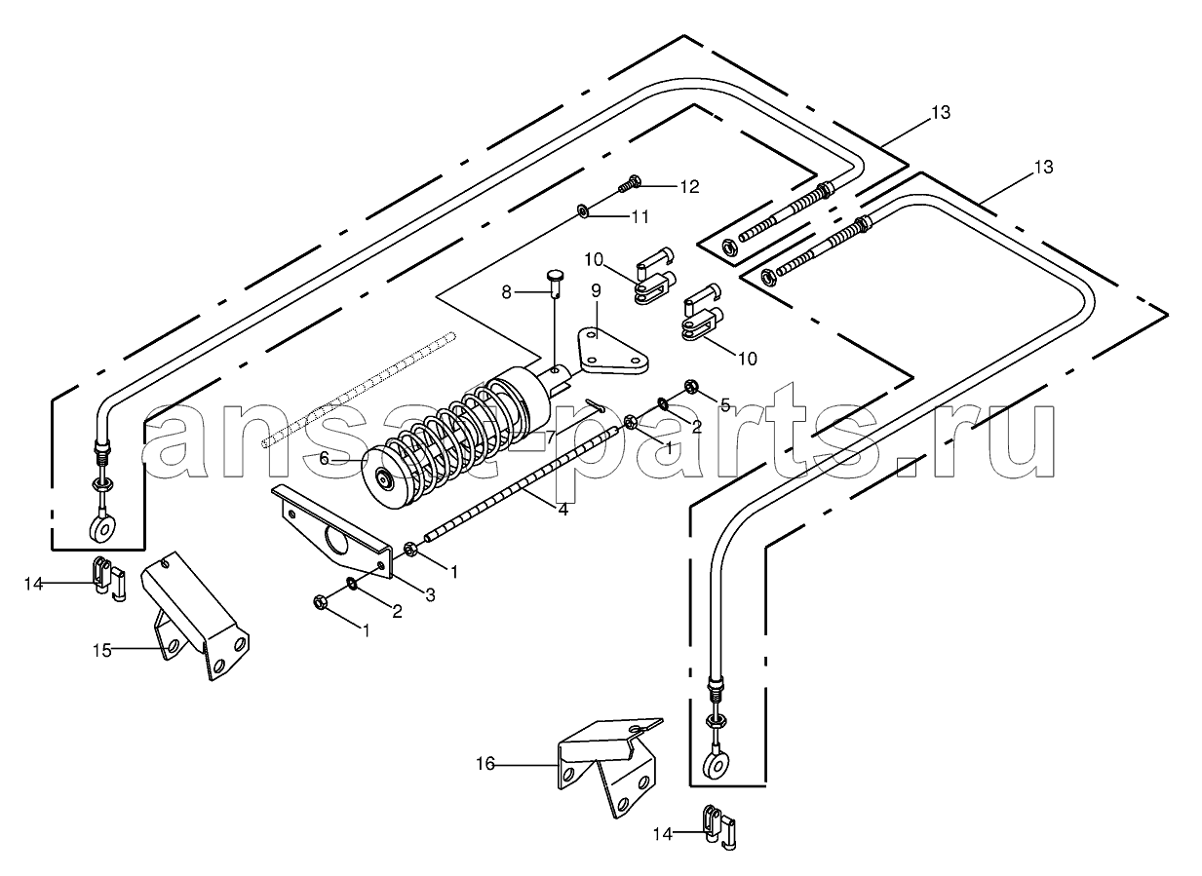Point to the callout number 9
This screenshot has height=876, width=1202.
pos(596,290)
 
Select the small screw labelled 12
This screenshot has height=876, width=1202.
pos(631,181)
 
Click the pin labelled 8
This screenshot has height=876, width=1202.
pos(554,287)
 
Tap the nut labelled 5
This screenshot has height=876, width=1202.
pos(691,386)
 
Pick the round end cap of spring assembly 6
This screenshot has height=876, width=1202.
pos(385,478)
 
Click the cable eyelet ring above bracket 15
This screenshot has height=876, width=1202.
pos(100,527)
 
